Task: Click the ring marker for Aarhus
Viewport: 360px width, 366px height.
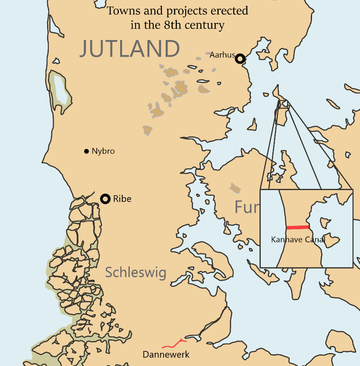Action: [x=239, y=59]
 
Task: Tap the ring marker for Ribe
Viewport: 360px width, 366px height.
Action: [x=106, y=199]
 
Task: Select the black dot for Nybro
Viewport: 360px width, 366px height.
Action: [x=86, y=151]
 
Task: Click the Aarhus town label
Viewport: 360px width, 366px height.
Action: [x=222, y=55]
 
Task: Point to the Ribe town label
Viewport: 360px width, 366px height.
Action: [x=122, y=199]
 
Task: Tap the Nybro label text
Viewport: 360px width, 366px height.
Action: [x=103, y=151]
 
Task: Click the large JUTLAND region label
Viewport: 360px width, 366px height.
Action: [x=130, y=49]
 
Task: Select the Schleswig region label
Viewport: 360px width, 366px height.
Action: [x=136, y=273]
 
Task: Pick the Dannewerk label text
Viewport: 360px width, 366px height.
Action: [x=166, y=355]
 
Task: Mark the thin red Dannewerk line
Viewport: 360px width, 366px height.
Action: [x=174, y=344]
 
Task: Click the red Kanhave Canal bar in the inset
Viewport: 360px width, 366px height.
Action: [x=298, y=227]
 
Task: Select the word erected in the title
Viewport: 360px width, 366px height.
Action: [x=229, y=11]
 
